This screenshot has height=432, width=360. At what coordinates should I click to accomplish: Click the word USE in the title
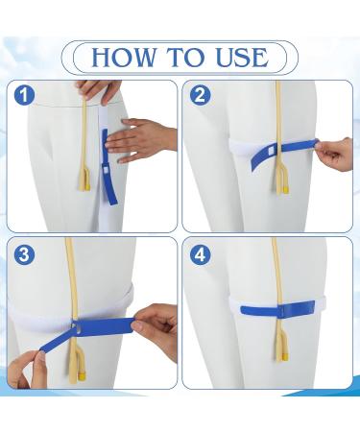pyautogui.click(x=235, y=57)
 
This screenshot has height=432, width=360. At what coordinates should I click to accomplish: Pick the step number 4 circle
pyautogui.click(x=201, y=255)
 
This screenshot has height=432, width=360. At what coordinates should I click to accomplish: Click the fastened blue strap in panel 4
pyautogui.click(x=269, y=311)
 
